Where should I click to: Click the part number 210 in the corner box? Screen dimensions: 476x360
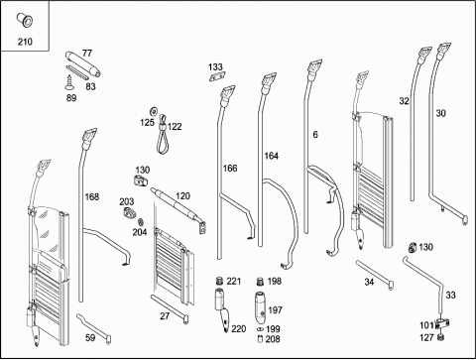tap(25, 42)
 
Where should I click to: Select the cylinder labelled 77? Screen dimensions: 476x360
tap(83, 63)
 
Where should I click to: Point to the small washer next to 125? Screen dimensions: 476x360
tap(154, 110)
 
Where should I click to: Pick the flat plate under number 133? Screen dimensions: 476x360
tap(216, 76)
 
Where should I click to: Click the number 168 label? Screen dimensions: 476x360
tap(92, 197)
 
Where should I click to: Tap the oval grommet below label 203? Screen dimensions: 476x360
tap(130, 212)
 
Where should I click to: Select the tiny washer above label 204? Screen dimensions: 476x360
tap(140, 222)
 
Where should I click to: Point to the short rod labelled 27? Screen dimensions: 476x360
tap(170, 309)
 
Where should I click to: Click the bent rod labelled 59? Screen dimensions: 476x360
tap(94, 329)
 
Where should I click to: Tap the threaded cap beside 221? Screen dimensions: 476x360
tap(219, 282)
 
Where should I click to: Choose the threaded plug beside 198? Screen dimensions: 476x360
tap(260, 282)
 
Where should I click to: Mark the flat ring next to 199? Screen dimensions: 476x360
tap(260, 329)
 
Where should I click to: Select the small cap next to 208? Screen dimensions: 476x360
tap(260, 339)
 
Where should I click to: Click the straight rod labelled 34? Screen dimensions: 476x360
tap(375, 275)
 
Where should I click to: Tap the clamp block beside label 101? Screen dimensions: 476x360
tap(442, 324)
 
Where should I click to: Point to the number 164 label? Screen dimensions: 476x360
tap(271, 156)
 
